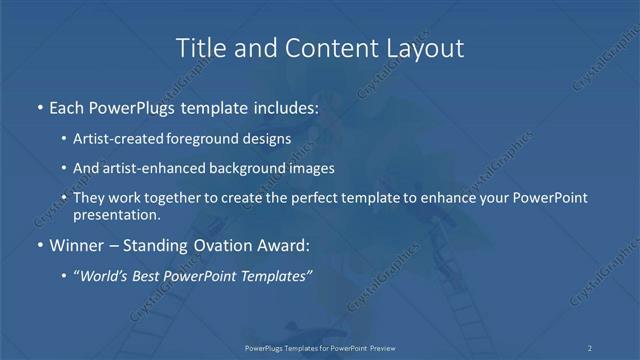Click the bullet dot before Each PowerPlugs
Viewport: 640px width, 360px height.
coord(39,106)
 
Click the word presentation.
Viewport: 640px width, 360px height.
coord(116,214)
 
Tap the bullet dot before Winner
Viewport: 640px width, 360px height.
coord(39,245)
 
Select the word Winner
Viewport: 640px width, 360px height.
coord(76,245)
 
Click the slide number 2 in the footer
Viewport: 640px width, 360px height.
coord(590,348)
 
